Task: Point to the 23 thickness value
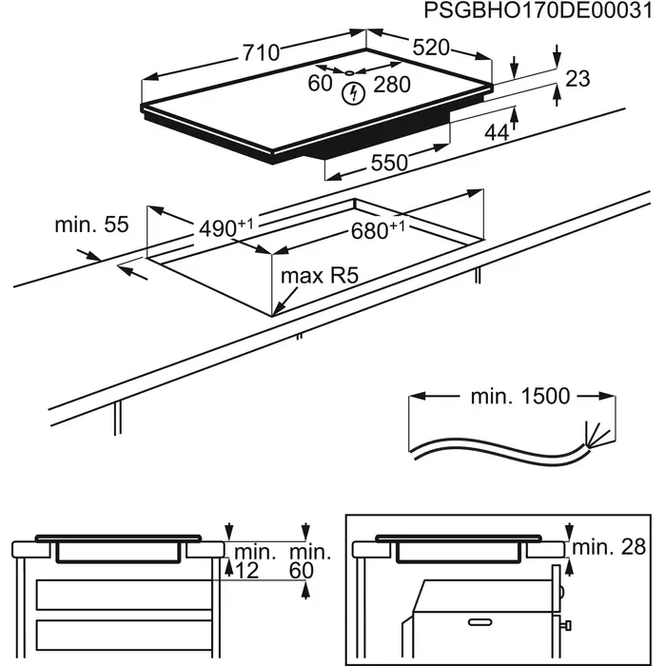click(578, 79)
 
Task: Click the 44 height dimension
click(496, 133)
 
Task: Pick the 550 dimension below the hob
click(388, 164)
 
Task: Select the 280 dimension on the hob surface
click(391, 86)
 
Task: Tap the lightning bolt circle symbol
click(354, 92)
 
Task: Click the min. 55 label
click(91, 225)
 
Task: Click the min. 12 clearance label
click(253, 560)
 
